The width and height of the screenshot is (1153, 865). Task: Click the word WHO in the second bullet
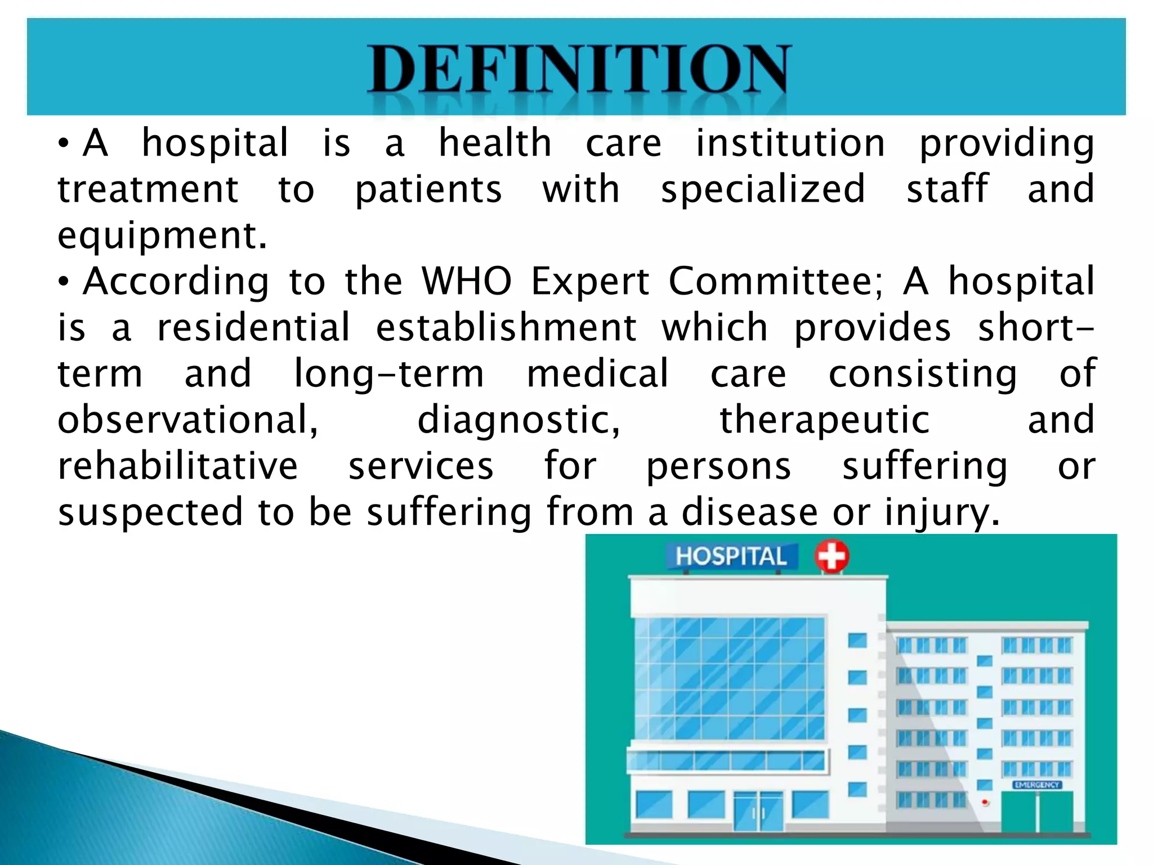click(467, 281)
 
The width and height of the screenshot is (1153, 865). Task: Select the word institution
click(790, 143)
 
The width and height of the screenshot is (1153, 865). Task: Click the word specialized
click(763, 189)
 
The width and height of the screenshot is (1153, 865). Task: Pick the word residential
click(253, 328)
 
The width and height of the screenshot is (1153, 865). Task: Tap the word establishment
click(506, 328)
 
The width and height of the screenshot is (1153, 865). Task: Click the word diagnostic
click(519, 420)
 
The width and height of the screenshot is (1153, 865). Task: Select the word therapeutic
click(824, 420)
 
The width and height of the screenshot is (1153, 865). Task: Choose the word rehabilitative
click(178, 466)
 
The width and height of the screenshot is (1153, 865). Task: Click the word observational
click(188, 420)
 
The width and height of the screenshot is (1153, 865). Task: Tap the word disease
click(749, 512)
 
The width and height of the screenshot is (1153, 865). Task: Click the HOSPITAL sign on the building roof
click(731, 556)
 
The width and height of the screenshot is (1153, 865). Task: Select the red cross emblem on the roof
click(832, 556)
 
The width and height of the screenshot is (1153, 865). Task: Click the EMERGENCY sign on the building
click(1036, 784)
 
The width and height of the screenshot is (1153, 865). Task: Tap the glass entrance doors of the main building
click(758, 811)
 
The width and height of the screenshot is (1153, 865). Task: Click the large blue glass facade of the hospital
click(730, 678)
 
